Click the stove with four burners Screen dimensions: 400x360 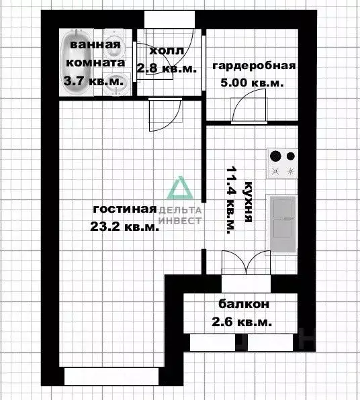pyautogui.click(x=282, y=164)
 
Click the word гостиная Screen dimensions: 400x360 pyautogui.click(x=124, y=208)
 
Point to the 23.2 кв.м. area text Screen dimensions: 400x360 pyautogui.click(x=125, y=227)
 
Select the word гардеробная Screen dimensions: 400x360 pyautogui.click(x=254, y=66)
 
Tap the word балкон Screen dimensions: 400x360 pyautogui.click(x=244, y=304)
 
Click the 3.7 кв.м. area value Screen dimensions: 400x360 pyautogui.click(x=93, y=81)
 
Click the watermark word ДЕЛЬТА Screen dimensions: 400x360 pyautogui.click(x=180, y=210)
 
